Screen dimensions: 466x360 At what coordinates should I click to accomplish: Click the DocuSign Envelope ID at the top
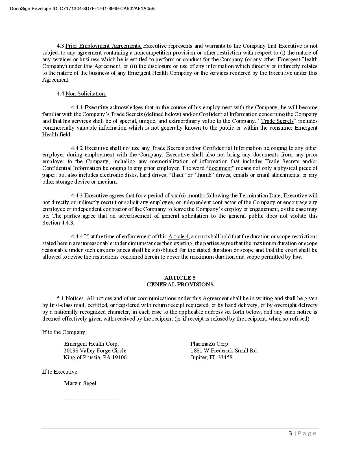(82, 8)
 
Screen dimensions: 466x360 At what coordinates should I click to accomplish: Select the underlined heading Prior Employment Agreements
(103, 46)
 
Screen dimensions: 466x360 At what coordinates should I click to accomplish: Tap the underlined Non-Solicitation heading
(86, 94)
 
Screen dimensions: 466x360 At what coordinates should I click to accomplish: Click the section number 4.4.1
(77, 108)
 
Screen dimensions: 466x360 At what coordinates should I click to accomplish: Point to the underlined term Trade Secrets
(277, 121)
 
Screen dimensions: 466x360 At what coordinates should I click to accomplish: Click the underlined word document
(220, 168)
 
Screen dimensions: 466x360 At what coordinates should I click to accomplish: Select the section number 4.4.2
(77, 148)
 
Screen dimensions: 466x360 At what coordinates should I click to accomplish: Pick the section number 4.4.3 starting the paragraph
(77, 196)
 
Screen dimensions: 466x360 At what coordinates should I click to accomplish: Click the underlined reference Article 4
(178, 237)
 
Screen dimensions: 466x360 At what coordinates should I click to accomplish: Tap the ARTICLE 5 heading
(180, 278)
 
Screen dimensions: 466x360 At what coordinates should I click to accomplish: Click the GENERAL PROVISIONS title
(180, 284)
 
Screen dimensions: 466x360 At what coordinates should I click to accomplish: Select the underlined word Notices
(75, 299)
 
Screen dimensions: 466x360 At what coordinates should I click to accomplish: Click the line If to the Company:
(64, 332)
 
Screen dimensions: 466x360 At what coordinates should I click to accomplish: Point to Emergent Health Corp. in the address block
(91, 344)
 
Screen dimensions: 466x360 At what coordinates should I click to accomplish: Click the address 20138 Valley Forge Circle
(95, 350)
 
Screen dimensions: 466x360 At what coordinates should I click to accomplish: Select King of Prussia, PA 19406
(95, 357)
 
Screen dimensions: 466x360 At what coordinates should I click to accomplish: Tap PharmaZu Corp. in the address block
(210, 344)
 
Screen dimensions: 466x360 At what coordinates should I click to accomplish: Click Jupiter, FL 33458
(211, 357)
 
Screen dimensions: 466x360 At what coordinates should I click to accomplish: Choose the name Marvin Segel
(80, 383)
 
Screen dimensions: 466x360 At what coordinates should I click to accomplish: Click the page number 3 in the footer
(291, 433)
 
